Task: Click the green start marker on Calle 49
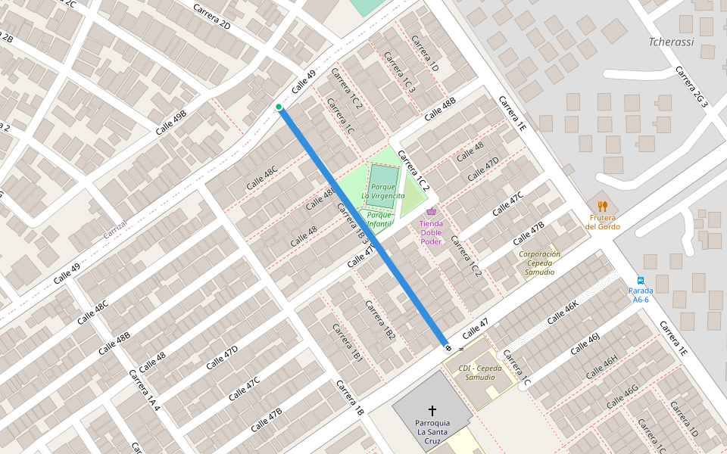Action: coord(279,107)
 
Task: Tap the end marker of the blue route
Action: coord(448,348)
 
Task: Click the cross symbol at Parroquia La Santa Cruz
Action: coord(432,409)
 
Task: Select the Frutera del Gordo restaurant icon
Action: coord(603,206)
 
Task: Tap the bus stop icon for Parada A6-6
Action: coord(641,280)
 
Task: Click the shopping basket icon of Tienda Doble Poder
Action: coord(431,212)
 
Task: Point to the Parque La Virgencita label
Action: coord(382,191)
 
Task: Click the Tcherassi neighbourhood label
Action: coord(671,42)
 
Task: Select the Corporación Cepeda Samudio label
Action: coord(540,263)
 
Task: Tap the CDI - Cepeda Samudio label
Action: coord(480,372)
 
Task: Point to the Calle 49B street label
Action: coord(171,122)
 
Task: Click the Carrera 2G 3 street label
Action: coord(691,87)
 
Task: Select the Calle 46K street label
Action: coord(563,312)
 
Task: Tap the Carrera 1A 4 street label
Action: coord(144,390)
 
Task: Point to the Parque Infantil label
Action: coord(379,219)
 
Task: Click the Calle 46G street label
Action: coord(622,396)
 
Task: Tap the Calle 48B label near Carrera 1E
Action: coord(440,109)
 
